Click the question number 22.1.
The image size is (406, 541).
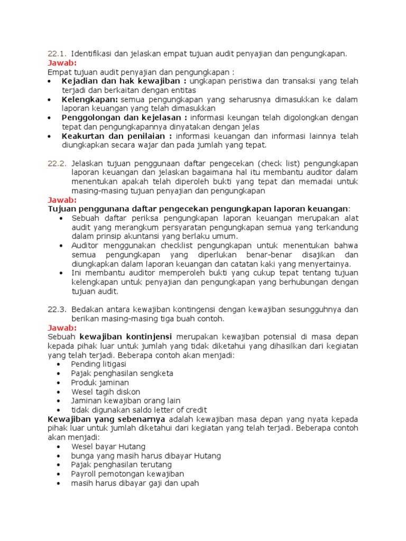pyautogui.click(x=56, y=53)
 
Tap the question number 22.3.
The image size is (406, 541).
pyautogui.click(x=56, y=309)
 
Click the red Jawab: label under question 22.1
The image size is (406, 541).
pyautogui.click(x=62, y=62)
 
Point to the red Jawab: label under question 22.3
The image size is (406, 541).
pyautogui.click(x=62, y=328)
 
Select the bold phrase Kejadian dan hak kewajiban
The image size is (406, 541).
pyautogui.click(x=124, y=81)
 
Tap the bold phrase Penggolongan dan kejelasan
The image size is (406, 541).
pyautogui.click(x=124, y=117)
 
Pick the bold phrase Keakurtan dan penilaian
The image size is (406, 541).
pyautogui.click(x=117, y=136)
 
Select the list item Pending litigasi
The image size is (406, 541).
pyautogui.click(x=98, y=364)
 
